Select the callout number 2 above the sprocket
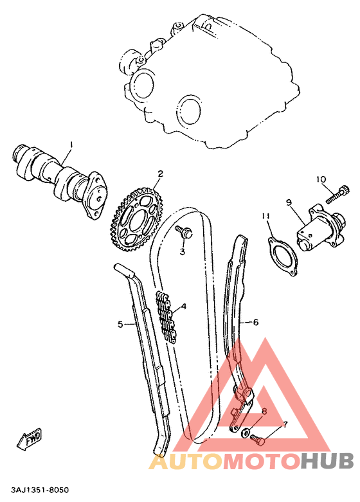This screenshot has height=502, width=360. pyautogui.click(x=160, y=174)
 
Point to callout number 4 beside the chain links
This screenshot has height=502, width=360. pyautogui.click(x=184, y=307)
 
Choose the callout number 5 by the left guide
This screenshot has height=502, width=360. pyautogui.click(x=120, y=324)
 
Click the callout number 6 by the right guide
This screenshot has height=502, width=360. pyautogui.click(x=255, y=322)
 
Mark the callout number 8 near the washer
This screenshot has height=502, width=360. pyautogui.click(x=264, y=411)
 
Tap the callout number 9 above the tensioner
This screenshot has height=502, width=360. pyautogui.click(x=289, y=202)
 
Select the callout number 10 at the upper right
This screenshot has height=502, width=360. pyautogui.click(x=321, y=179)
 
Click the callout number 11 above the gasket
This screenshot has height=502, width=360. pyautogui.click(x=265, y=216)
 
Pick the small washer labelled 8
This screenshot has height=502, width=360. pyautogui.click(x=247, y=431)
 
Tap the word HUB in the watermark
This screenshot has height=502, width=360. pyautogui.click(x=327, y=461)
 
